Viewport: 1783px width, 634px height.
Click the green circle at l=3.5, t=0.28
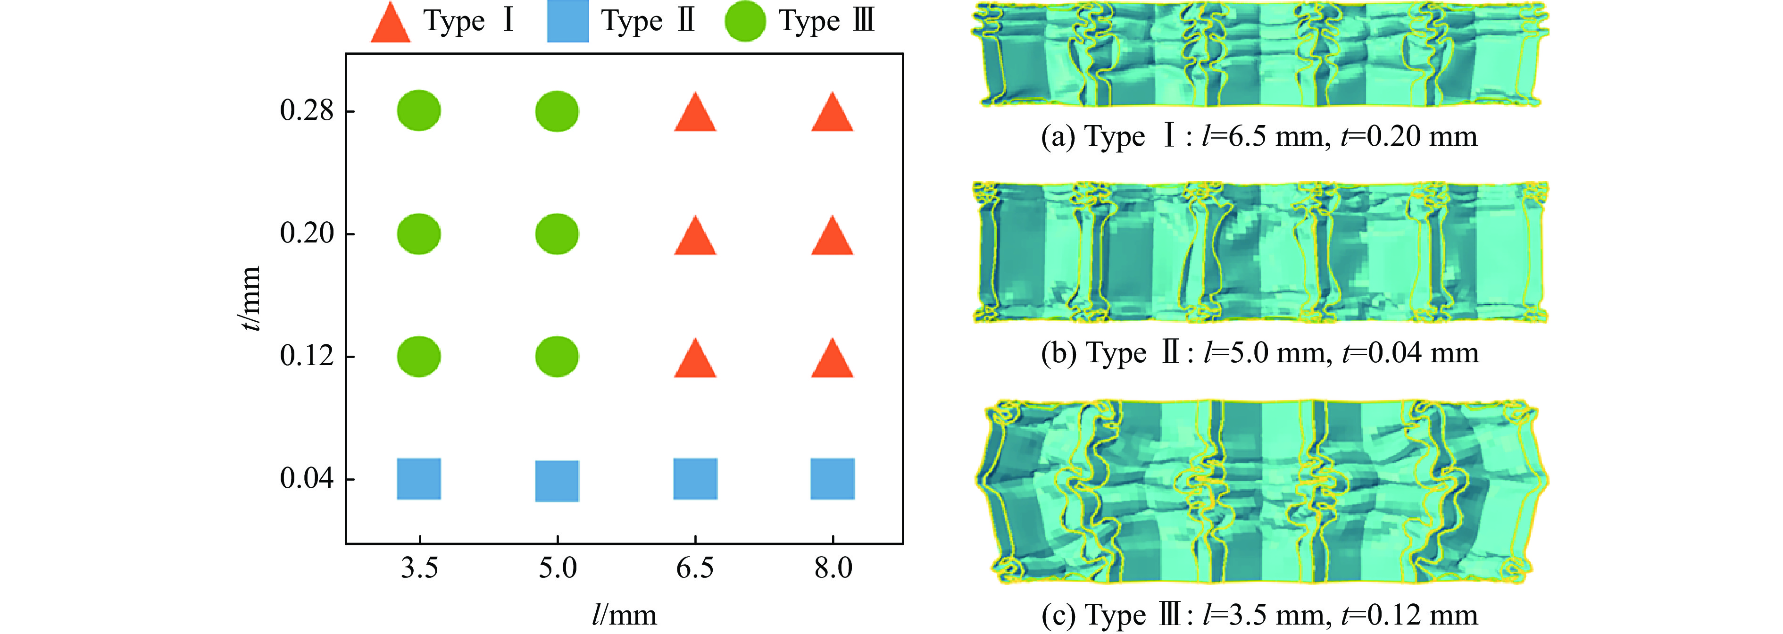[419, 111]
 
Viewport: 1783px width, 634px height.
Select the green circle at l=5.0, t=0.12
[557, 357]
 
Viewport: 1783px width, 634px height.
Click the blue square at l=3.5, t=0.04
[419, 479]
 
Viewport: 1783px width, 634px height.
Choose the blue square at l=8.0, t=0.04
[832, 479]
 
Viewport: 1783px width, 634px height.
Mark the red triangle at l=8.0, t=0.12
[832, 360]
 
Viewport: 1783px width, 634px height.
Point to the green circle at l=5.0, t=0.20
[557, 234]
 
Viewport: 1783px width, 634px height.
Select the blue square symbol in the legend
[567, 21]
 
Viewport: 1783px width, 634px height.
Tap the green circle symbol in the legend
[745, 21]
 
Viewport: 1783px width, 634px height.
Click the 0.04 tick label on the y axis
[307, 478]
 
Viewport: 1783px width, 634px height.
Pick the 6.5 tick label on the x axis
[695, 568]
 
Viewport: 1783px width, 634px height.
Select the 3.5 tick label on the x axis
[419, 568]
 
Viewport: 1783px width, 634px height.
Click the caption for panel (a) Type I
[1259, 136]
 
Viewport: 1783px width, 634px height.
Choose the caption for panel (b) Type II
[1259, 353]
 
